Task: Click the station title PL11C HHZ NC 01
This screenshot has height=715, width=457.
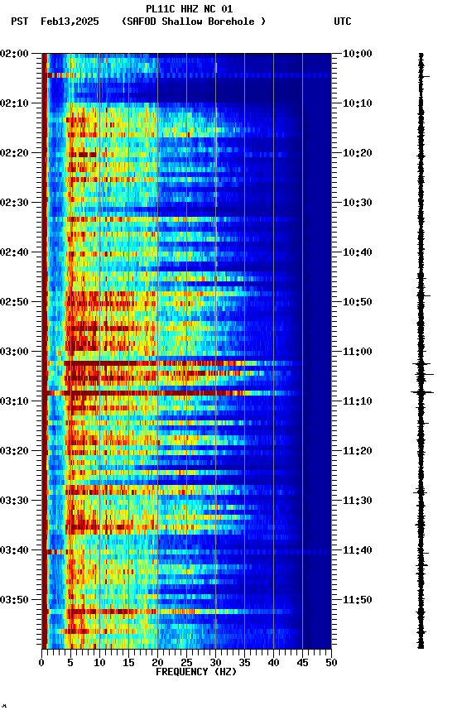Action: point(189,9)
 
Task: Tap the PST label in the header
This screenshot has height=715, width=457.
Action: point(20,22)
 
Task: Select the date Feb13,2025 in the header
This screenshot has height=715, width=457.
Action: point(70,22)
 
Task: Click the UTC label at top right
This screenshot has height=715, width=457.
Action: point(343,22)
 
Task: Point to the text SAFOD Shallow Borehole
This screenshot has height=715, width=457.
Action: point(194,22)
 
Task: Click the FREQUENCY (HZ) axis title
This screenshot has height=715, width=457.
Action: point(195,672)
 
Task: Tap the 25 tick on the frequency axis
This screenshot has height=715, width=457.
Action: point(186,662)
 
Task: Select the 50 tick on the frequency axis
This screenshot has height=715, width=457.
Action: point(331,662)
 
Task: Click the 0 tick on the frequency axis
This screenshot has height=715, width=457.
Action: point(41,662)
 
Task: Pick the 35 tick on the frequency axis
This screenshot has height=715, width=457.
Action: point(244,662)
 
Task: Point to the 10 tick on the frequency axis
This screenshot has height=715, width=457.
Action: point(99,662)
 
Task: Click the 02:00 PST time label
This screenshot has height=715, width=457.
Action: point(14,53)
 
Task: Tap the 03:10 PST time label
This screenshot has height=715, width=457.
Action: point(14,401)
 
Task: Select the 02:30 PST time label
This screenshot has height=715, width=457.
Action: point(14,202)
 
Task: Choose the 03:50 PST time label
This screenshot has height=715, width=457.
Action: point(14,599)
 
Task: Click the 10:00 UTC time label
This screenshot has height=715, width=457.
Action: point(358,53)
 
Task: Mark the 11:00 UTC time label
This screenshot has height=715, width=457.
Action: point(358,351)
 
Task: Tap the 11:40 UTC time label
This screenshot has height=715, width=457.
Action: point(358,549)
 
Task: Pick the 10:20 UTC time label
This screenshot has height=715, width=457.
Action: point(358,152)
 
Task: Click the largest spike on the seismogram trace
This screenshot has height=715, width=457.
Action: point(422,392)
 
